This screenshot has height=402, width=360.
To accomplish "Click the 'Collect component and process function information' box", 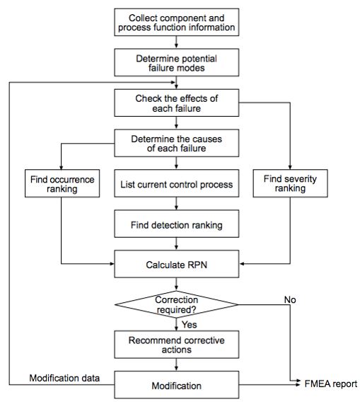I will pos(182,23).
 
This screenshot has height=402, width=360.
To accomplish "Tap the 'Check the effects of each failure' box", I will pos(182,103).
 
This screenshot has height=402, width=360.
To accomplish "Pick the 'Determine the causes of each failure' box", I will pos(182,143).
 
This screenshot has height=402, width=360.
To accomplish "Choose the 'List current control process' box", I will pos(182,185).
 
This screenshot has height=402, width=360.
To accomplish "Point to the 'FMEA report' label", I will pos(331,384).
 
